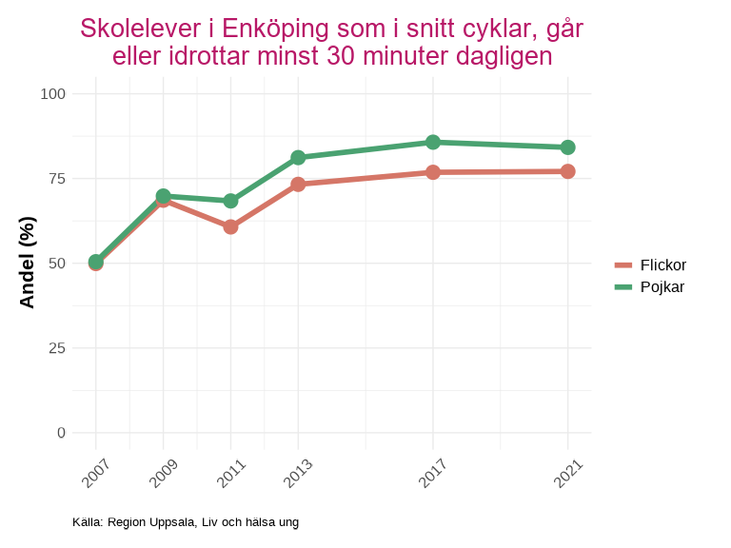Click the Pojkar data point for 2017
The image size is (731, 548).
click(x=433, y=142)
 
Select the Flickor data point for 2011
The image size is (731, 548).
click(x=230, y=226)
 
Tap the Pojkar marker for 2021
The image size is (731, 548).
click(x=567, y=147)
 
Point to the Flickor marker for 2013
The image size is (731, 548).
click(x=298, y=184)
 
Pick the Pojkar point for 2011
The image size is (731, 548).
click(x=230, y=201)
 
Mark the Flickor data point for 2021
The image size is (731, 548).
click(x=567, y=171)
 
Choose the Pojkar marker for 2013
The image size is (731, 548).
click(x=298, y=157)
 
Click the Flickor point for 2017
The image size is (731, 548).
click(x=433, y=172)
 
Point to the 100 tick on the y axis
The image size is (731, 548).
click(x=53, y=93)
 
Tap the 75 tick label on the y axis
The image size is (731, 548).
click(x=57, y=178)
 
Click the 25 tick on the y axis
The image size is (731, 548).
click(x=57, y=347)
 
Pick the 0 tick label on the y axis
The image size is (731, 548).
click(x=62, y=432)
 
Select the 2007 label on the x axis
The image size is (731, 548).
click(x=96, y=472)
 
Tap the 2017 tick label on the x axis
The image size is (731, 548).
click(x=433, y=472)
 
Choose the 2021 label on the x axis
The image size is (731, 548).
click(x=567, y=472)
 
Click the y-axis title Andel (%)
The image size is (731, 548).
click(x=28, y=263)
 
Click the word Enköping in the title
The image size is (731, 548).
click(x=275, y=29)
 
